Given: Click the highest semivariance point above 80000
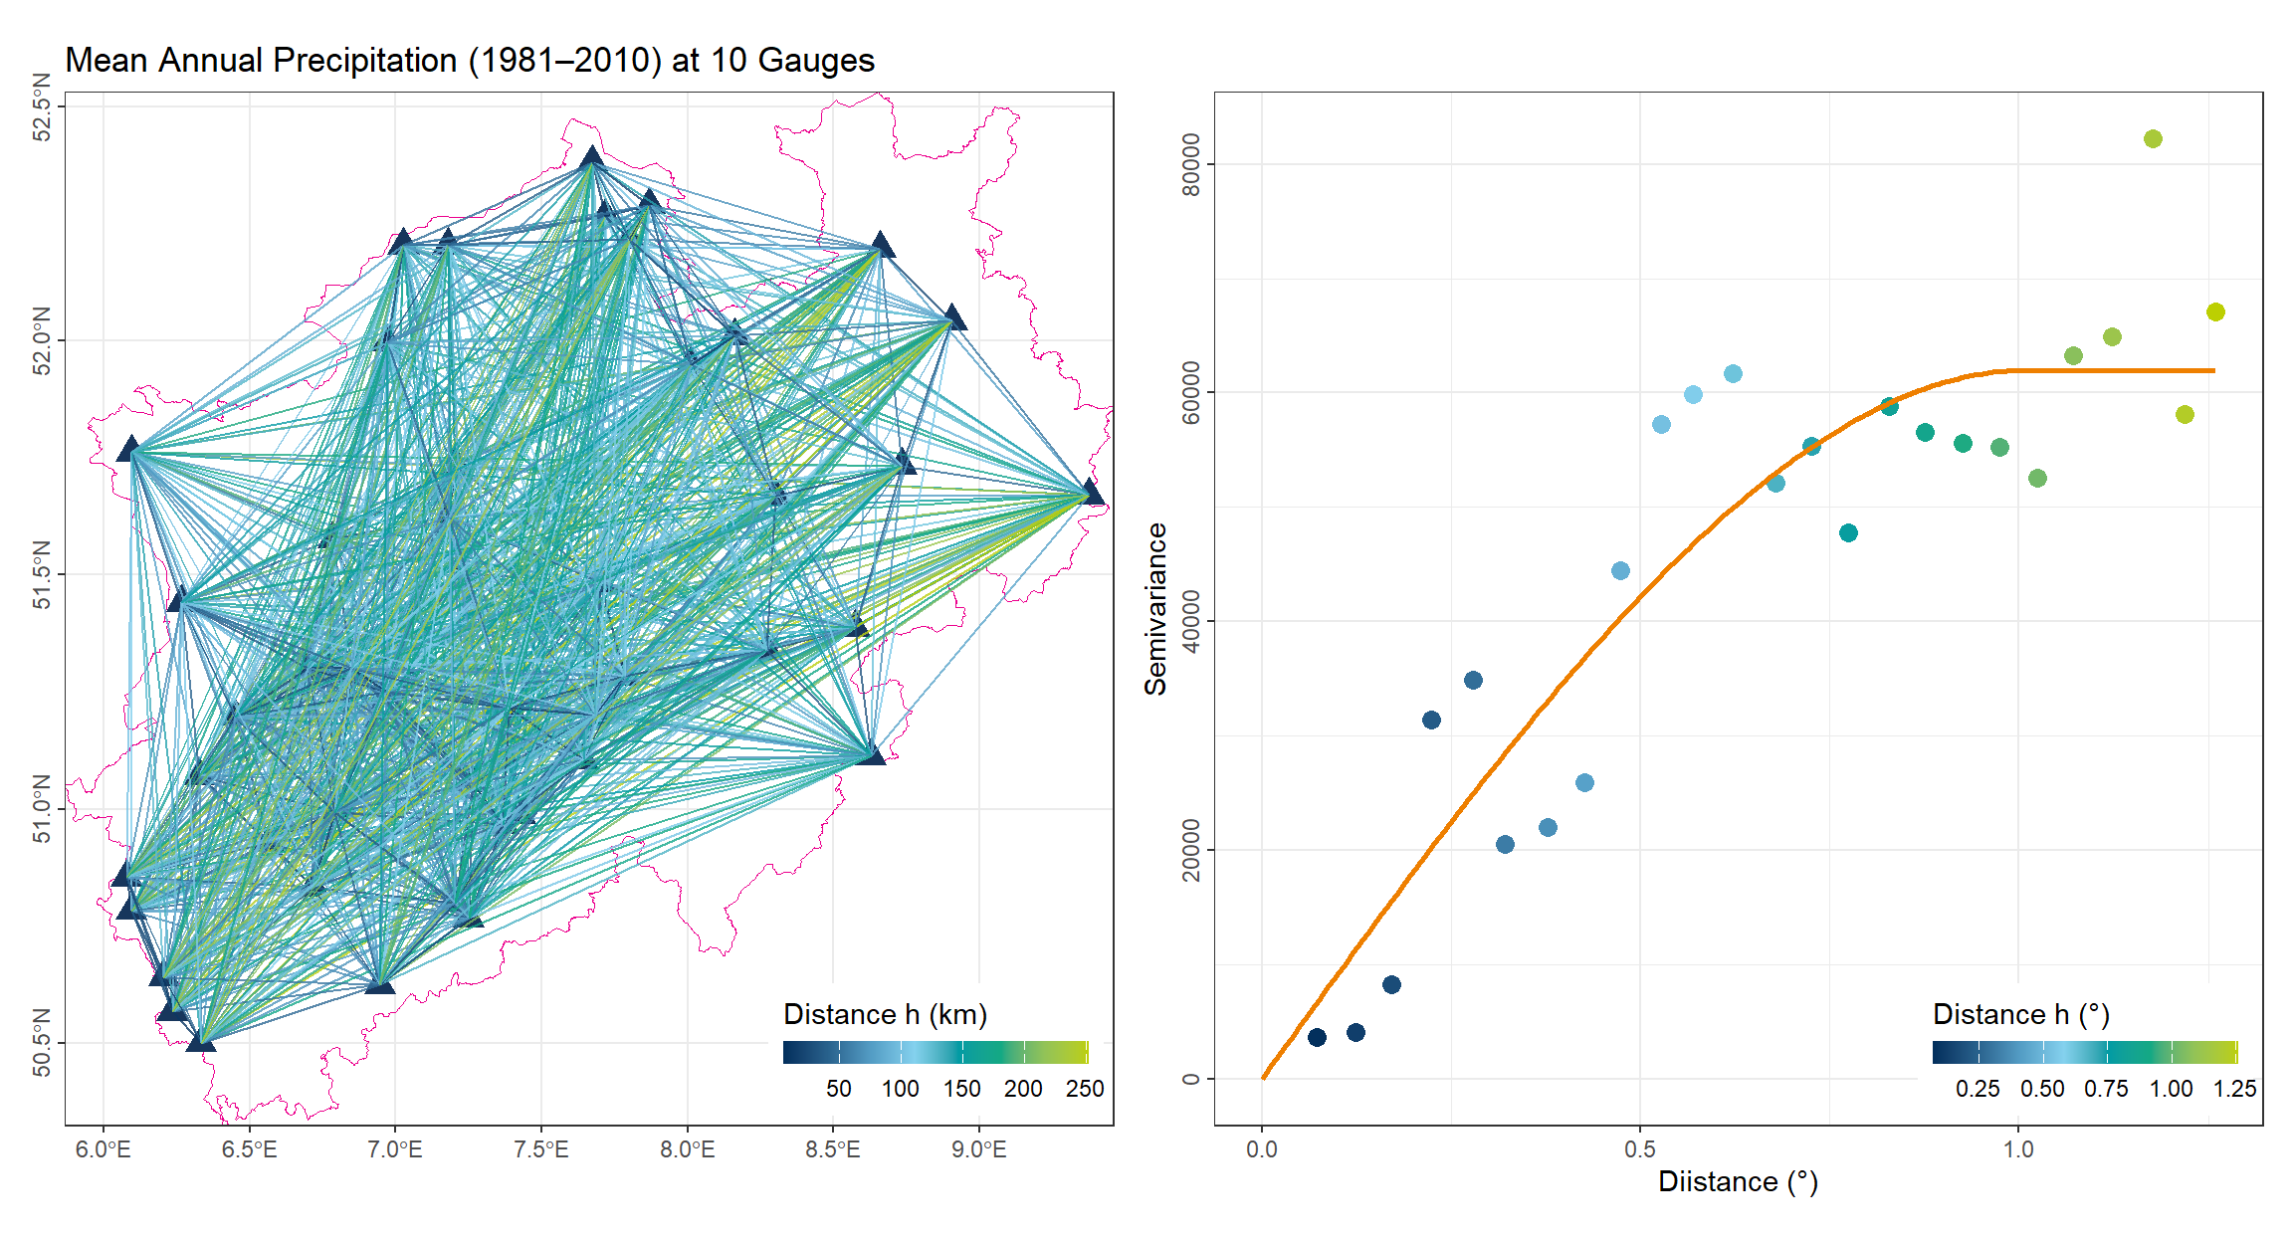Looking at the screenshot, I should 2153,139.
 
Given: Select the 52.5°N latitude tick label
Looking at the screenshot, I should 42,106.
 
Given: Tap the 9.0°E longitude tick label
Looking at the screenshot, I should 978,1149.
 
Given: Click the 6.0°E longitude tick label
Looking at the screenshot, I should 104,1149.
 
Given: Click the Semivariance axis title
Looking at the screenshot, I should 1155,609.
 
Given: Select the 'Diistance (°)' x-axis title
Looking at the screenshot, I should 1738,1182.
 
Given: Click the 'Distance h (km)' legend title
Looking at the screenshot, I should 885,1014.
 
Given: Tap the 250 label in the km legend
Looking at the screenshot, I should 1085,1089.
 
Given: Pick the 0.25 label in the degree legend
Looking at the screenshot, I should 1978,1089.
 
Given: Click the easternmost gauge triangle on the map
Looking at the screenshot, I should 1092,493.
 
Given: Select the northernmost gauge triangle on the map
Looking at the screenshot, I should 592,156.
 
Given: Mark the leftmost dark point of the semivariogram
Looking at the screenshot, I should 1317,1037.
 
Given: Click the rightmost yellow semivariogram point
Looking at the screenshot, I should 2215,312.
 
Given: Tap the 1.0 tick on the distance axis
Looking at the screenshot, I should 2018,1149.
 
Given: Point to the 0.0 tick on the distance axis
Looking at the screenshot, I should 1262,1149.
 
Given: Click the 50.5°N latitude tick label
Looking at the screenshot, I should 42,1043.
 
